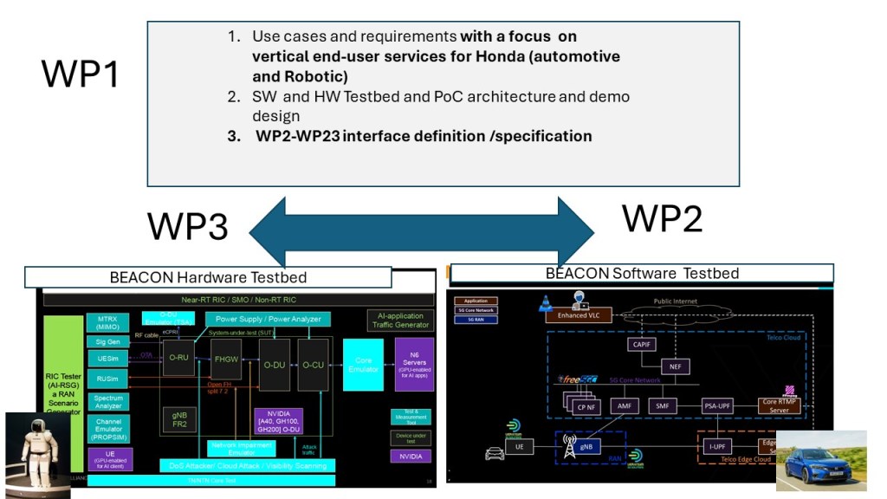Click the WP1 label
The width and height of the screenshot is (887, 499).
point(80,75)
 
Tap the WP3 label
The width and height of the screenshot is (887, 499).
point(187,225)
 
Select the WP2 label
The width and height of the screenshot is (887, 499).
point(662,218)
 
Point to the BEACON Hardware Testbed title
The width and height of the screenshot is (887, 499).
point(208,277)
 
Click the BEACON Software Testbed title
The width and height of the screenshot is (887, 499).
point(642,273)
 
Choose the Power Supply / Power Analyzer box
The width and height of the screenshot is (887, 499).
point(268,319)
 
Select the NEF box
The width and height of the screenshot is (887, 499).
point(674,367)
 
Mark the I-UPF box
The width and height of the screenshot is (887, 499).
point(717,446)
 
